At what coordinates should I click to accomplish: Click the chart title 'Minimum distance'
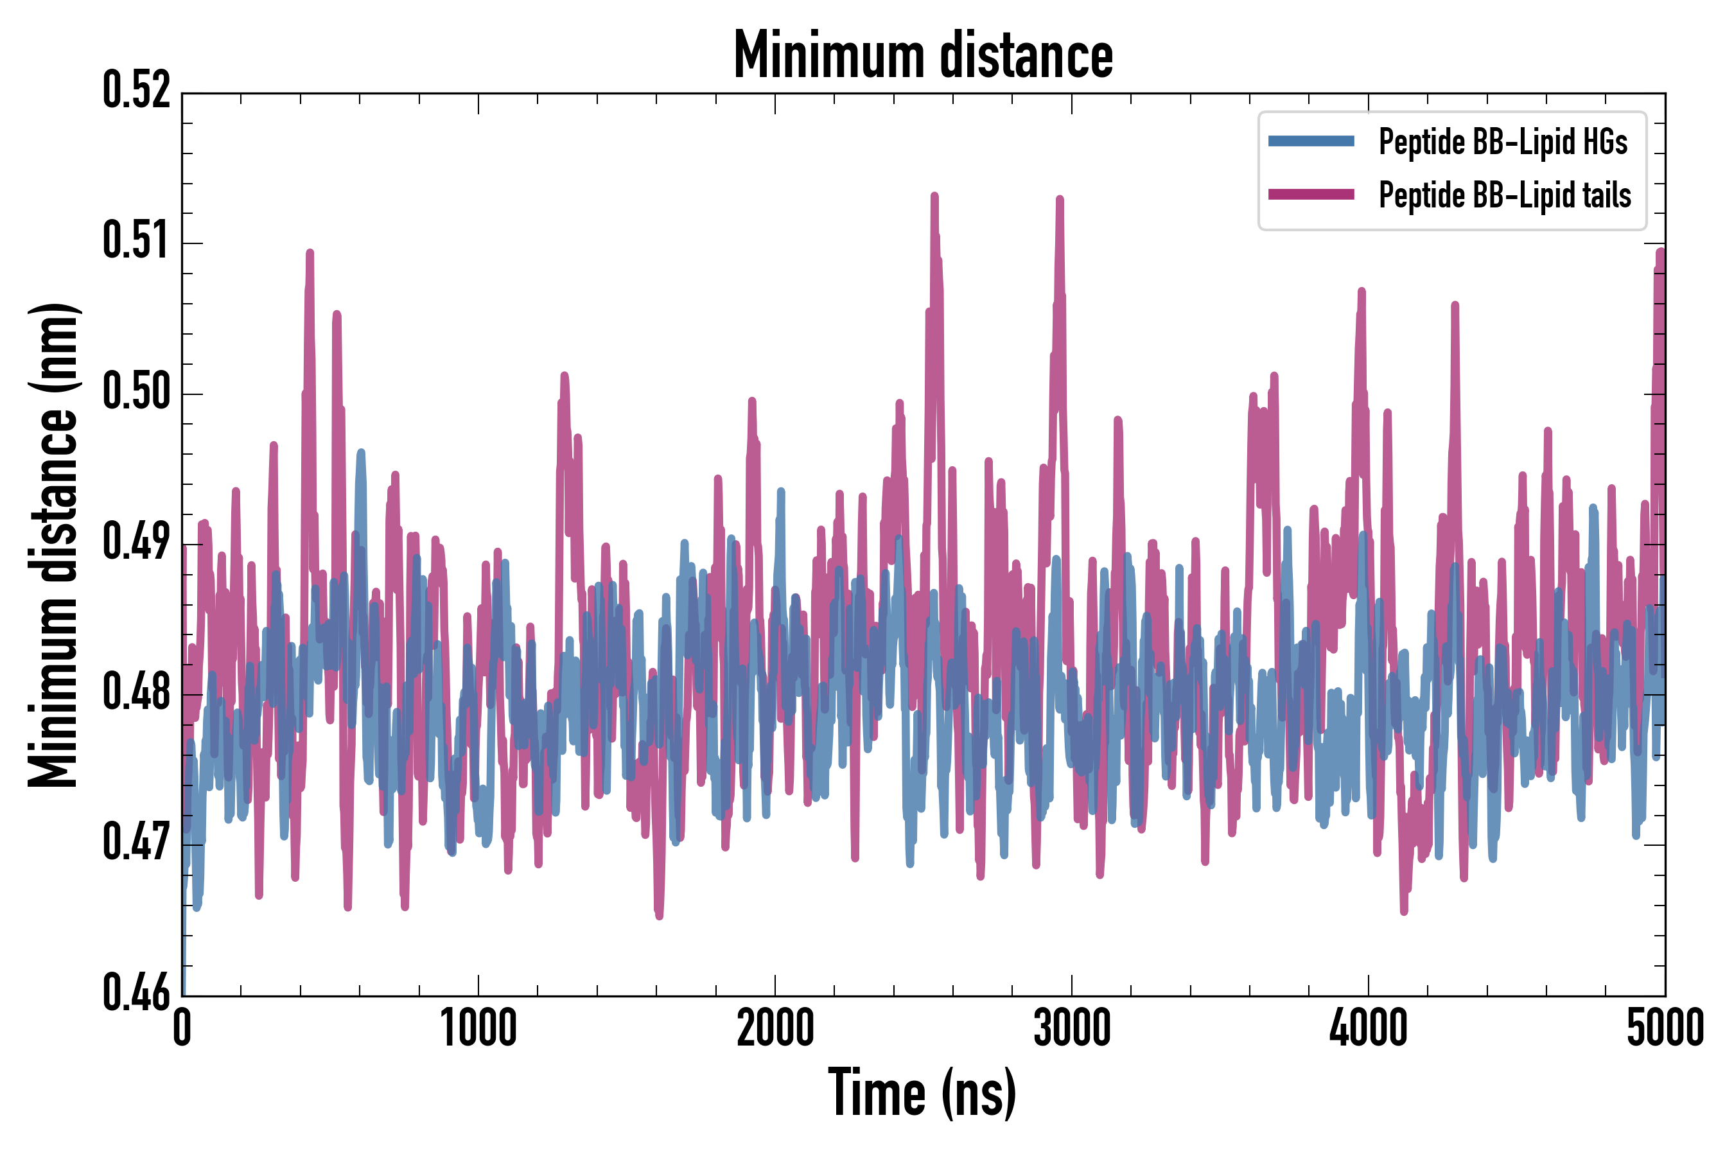click(923, 55)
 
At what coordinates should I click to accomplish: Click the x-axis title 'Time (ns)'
click(922, 1092)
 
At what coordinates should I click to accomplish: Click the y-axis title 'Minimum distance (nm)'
click(53, 545)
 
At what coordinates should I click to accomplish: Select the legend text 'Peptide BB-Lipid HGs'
click(1503, 141)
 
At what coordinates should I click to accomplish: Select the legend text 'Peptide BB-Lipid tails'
click(1505, 195)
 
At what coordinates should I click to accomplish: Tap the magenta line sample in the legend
click(1311, 195)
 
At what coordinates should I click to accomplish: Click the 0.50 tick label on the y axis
click(136, 392)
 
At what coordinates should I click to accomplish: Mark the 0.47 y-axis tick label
click(136, 843)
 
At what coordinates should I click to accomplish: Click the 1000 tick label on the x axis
click(478, 1028)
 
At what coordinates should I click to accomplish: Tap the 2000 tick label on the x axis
click(775, 1028)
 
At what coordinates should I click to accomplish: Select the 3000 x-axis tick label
click(1071, 1028)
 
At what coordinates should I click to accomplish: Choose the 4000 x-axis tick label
click(1369, 1028)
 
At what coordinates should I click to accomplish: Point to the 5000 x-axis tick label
click(1665, 1028)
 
